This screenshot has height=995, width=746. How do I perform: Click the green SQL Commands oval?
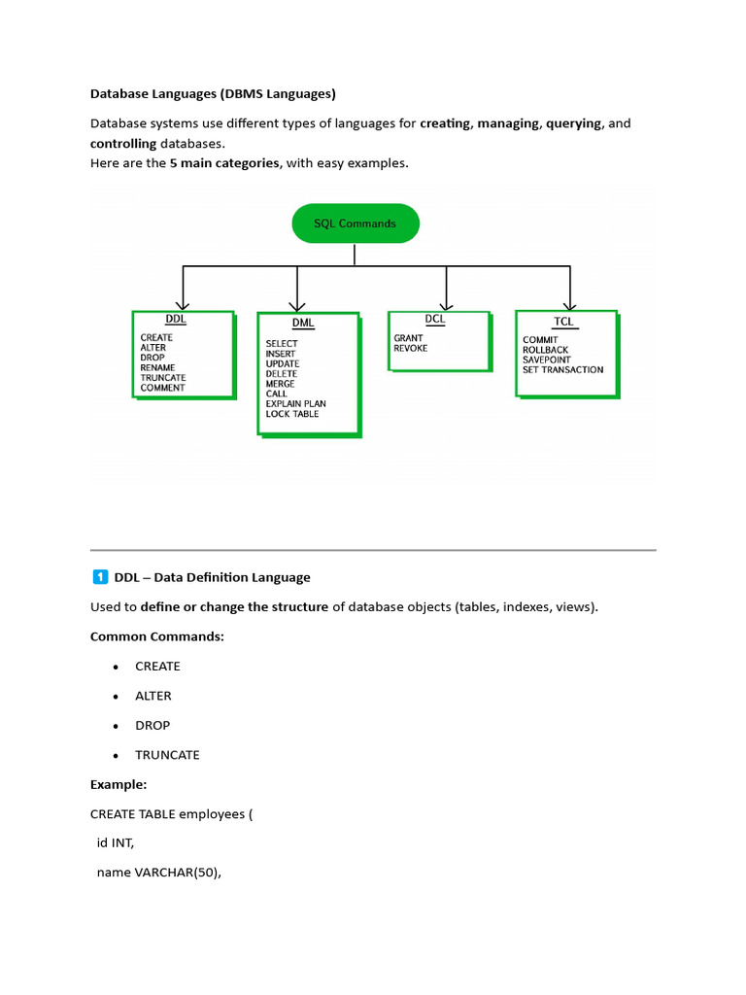(355, 223)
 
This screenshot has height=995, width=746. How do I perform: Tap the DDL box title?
(176, 320)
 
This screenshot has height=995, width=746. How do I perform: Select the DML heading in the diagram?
(302, 323)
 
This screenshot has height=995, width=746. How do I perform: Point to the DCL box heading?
(435, 319)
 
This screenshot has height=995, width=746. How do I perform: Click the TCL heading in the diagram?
(563, 321)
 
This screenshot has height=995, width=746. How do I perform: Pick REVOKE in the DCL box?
(410, 348)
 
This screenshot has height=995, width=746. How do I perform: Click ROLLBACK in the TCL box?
(545, 350)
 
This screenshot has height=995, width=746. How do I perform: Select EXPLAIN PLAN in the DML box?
(295, 403)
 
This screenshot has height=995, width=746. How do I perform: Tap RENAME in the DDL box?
(157, 367)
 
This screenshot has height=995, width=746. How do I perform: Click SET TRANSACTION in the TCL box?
(562, 369)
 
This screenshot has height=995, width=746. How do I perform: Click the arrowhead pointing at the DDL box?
(182, 304)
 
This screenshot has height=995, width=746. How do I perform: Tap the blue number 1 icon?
(100, 577)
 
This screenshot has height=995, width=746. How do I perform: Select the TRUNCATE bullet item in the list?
(167, 755)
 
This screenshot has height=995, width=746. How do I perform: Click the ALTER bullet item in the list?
(153, 696)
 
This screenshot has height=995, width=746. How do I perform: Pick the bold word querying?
(573, 123)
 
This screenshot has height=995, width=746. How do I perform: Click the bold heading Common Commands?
(156, 636)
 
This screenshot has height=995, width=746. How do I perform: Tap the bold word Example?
(119, 784)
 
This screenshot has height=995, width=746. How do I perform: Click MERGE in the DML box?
(280, 384)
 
